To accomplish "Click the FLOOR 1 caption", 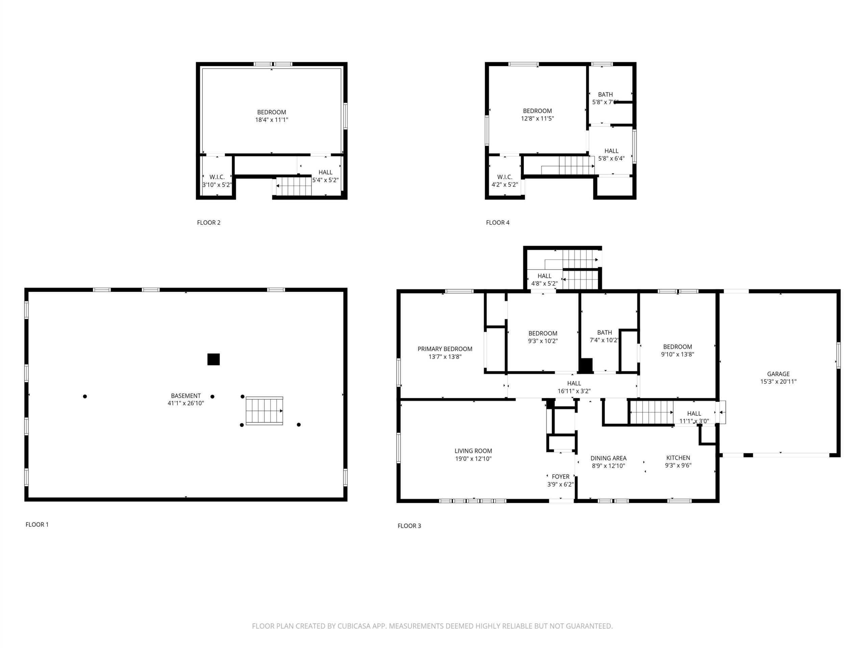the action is point(37,524).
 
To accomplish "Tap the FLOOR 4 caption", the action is point(498,223).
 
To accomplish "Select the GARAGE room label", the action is point(778,374).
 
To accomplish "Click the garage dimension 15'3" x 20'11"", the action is point(778,382).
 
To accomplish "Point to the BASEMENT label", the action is point(186,396).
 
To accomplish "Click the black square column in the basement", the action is point(214,359).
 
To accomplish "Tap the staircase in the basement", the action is point(264,411).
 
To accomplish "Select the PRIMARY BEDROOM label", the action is point(445,349).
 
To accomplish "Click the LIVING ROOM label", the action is point(473,451).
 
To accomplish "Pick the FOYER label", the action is point(560,477).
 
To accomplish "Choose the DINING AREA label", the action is point(609,458).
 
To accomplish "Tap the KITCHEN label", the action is point(678,458).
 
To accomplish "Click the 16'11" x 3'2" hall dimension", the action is point(574,391).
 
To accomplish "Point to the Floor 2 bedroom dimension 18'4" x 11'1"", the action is point(272,120).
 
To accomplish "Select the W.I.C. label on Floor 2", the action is point(217,177).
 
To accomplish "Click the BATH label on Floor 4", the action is point(605,94).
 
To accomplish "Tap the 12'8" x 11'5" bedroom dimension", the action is point(538,118).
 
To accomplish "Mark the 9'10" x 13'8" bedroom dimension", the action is point(678,354).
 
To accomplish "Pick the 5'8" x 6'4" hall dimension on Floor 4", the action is point(612,159).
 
